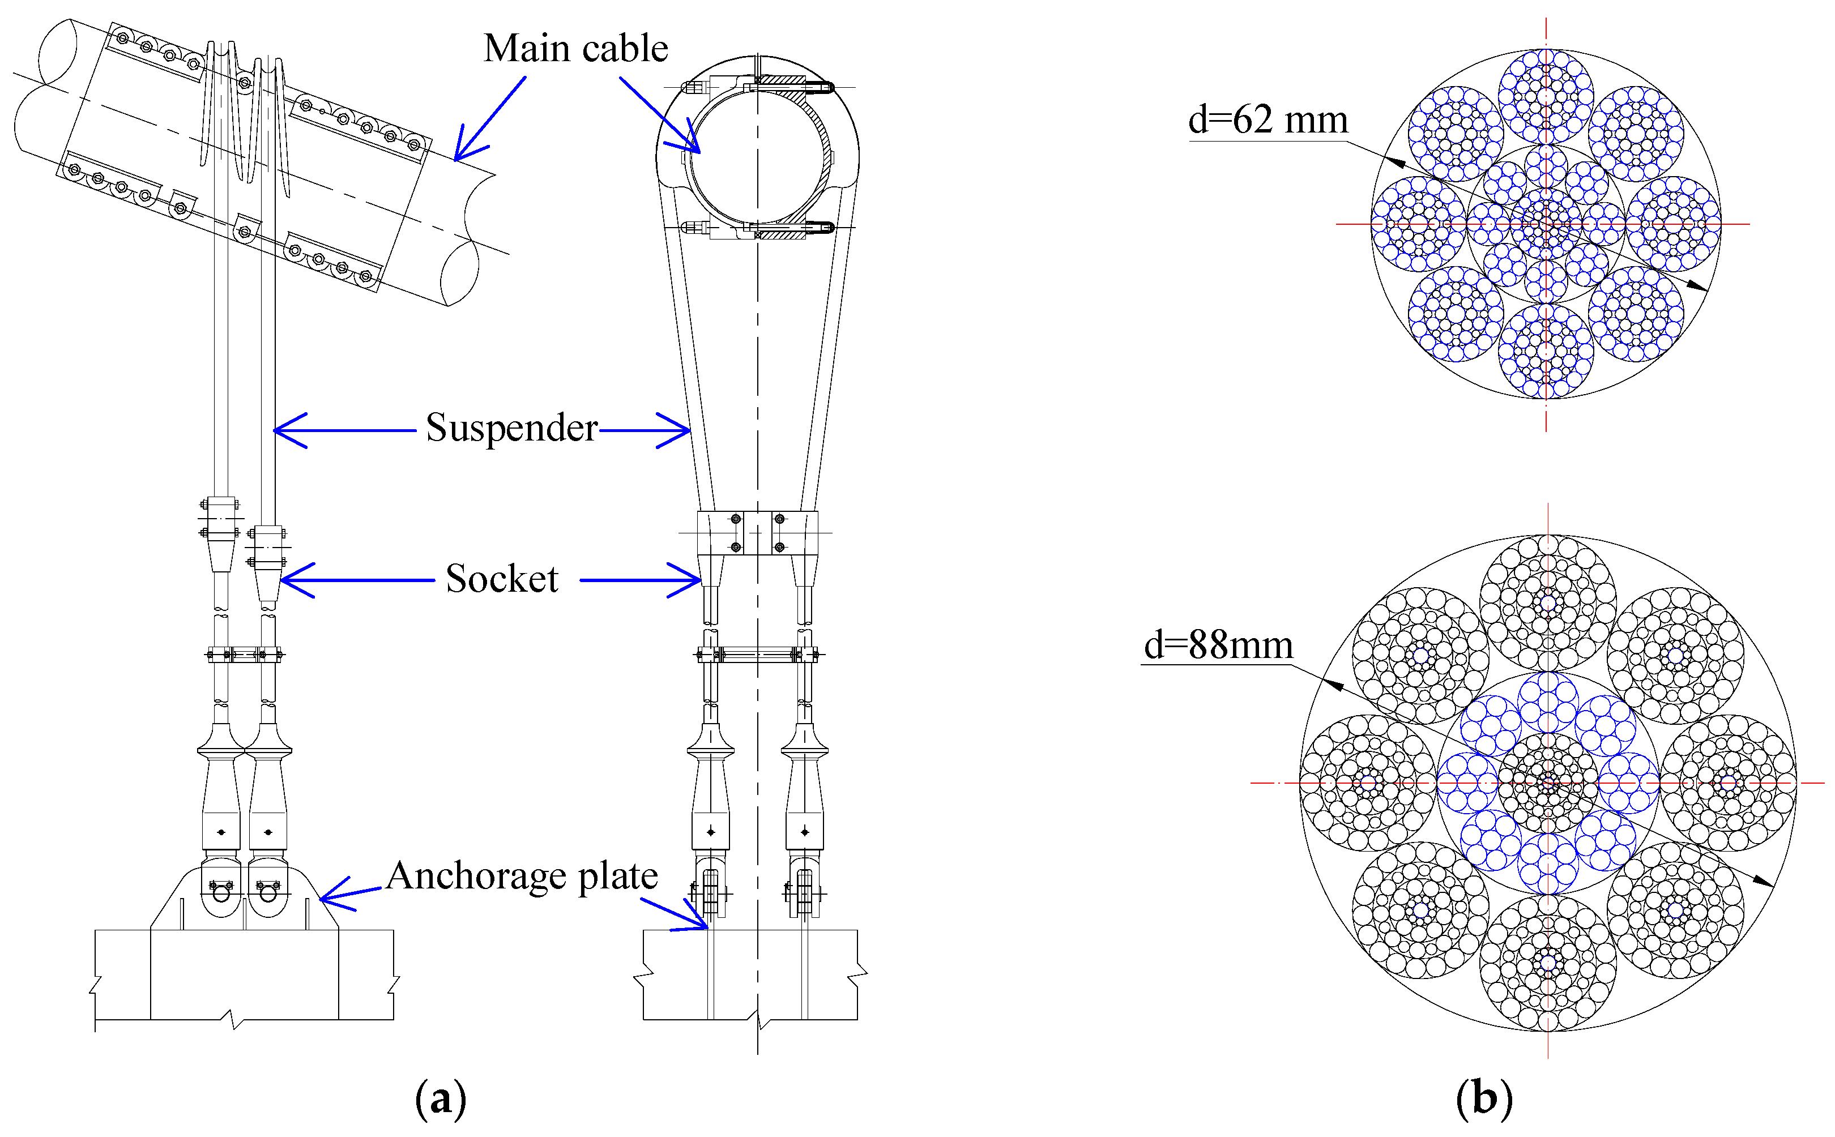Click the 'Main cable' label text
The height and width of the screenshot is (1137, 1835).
[575, 49]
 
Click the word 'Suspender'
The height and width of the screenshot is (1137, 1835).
[511, 428]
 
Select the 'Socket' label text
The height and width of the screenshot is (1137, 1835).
[502, 579]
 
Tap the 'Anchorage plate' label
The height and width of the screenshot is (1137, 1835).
[522, 876]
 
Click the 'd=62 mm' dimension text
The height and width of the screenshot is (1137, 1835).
[1268, 120]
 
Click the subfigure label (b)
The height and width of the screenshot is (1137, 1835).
[1484, 1098]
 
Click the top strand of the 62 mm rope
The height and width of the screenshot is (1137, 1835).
[1546, 96]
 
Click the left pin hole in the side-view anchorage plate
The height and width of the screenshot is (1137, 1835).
[221, 894]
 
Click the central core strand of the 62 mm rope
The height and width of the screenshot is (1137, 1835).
[1546, 223]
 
